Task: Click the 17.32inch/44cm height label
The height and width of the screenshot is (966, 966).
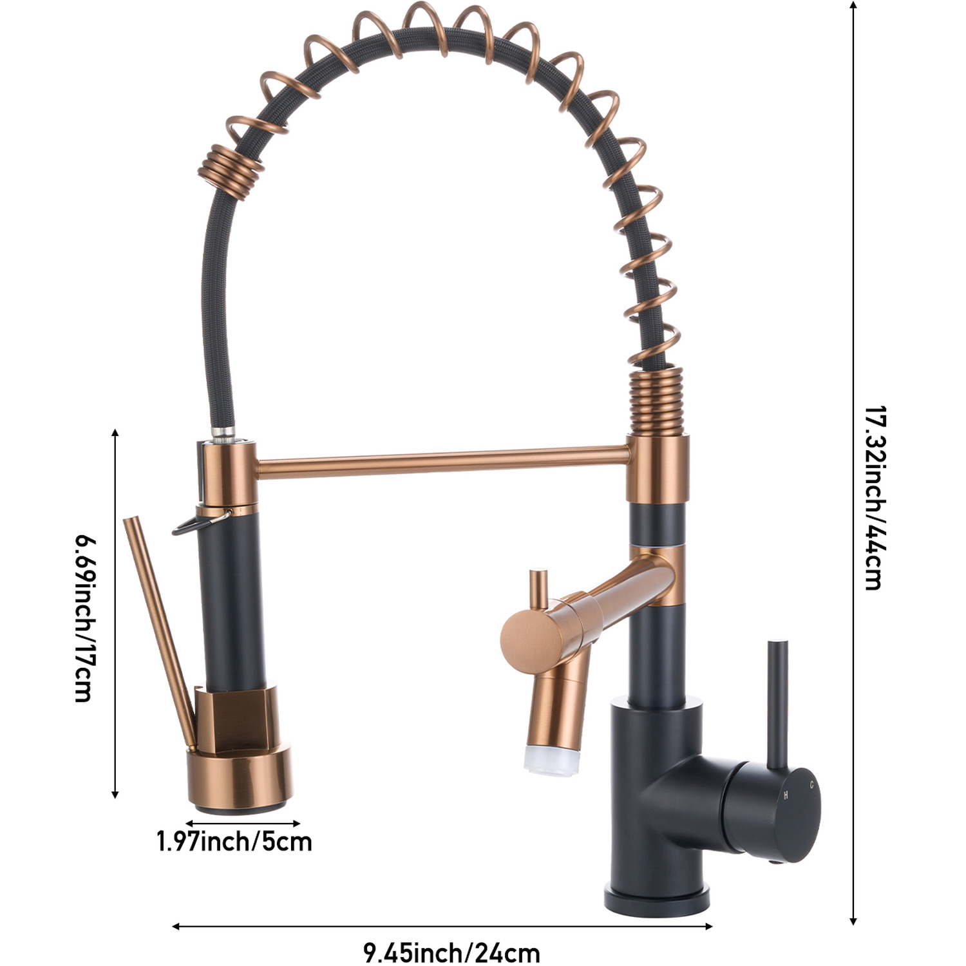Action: pyautogui.click(x=873, y=498)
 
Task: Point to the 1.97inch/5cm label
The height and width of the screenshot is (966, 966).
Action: pyautogui.click(x=235, y=841)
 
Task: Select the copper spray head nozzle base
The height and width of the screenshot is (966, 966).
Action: pyautogui.click(x=243, y=779)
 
